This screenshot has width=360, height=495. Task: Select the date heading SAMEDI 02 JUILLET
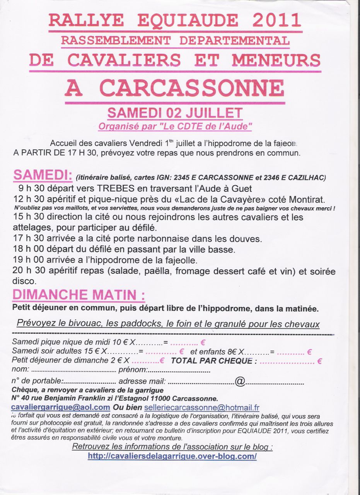(x=175, y=113)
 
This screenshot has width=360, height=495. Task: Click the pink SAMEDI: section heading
(x=43, y=175)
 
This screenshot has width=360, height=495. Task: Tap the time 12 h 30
(x=28, y=200)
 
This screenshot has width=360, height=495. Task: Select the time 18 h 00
(x=28, y=249)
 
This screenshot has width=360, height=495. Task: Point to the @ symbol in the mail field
(x=240, y=382)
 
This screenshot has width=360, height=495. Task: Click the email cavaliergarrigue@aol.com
(x=61, y=407)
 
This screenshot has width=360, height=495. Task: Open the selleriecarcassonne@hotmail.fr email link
(x=201, y=408)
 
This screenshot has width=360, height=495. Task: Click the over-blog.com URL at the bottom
(x=172, y=456)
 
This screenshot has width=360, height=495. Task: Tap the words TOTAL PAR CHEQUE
(x=214, y=361)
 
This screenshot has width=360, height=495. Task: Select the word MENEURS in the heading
(x=276, y=60)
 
